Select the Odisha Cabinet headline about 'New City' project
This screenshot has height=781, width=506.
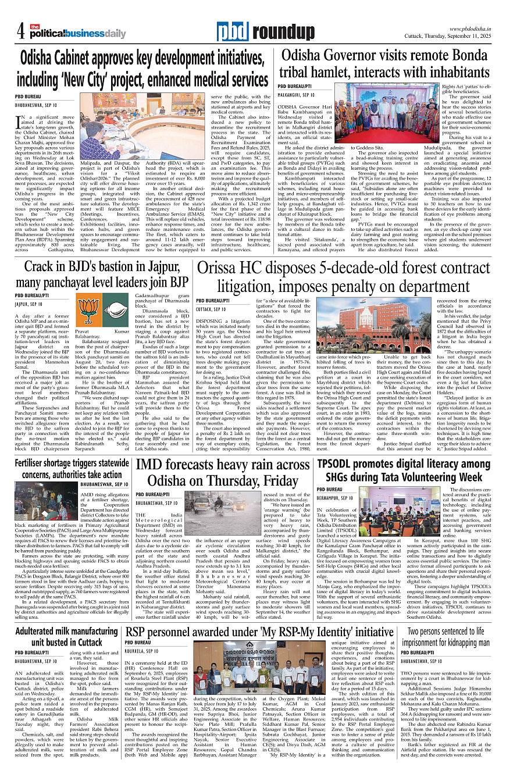click(x=144, y=69)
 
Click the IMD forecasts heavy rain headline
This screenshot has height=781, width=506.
click(x=223, y=473)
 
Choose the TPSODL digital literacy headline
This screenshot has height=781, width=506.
click(x=404, y=470)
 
